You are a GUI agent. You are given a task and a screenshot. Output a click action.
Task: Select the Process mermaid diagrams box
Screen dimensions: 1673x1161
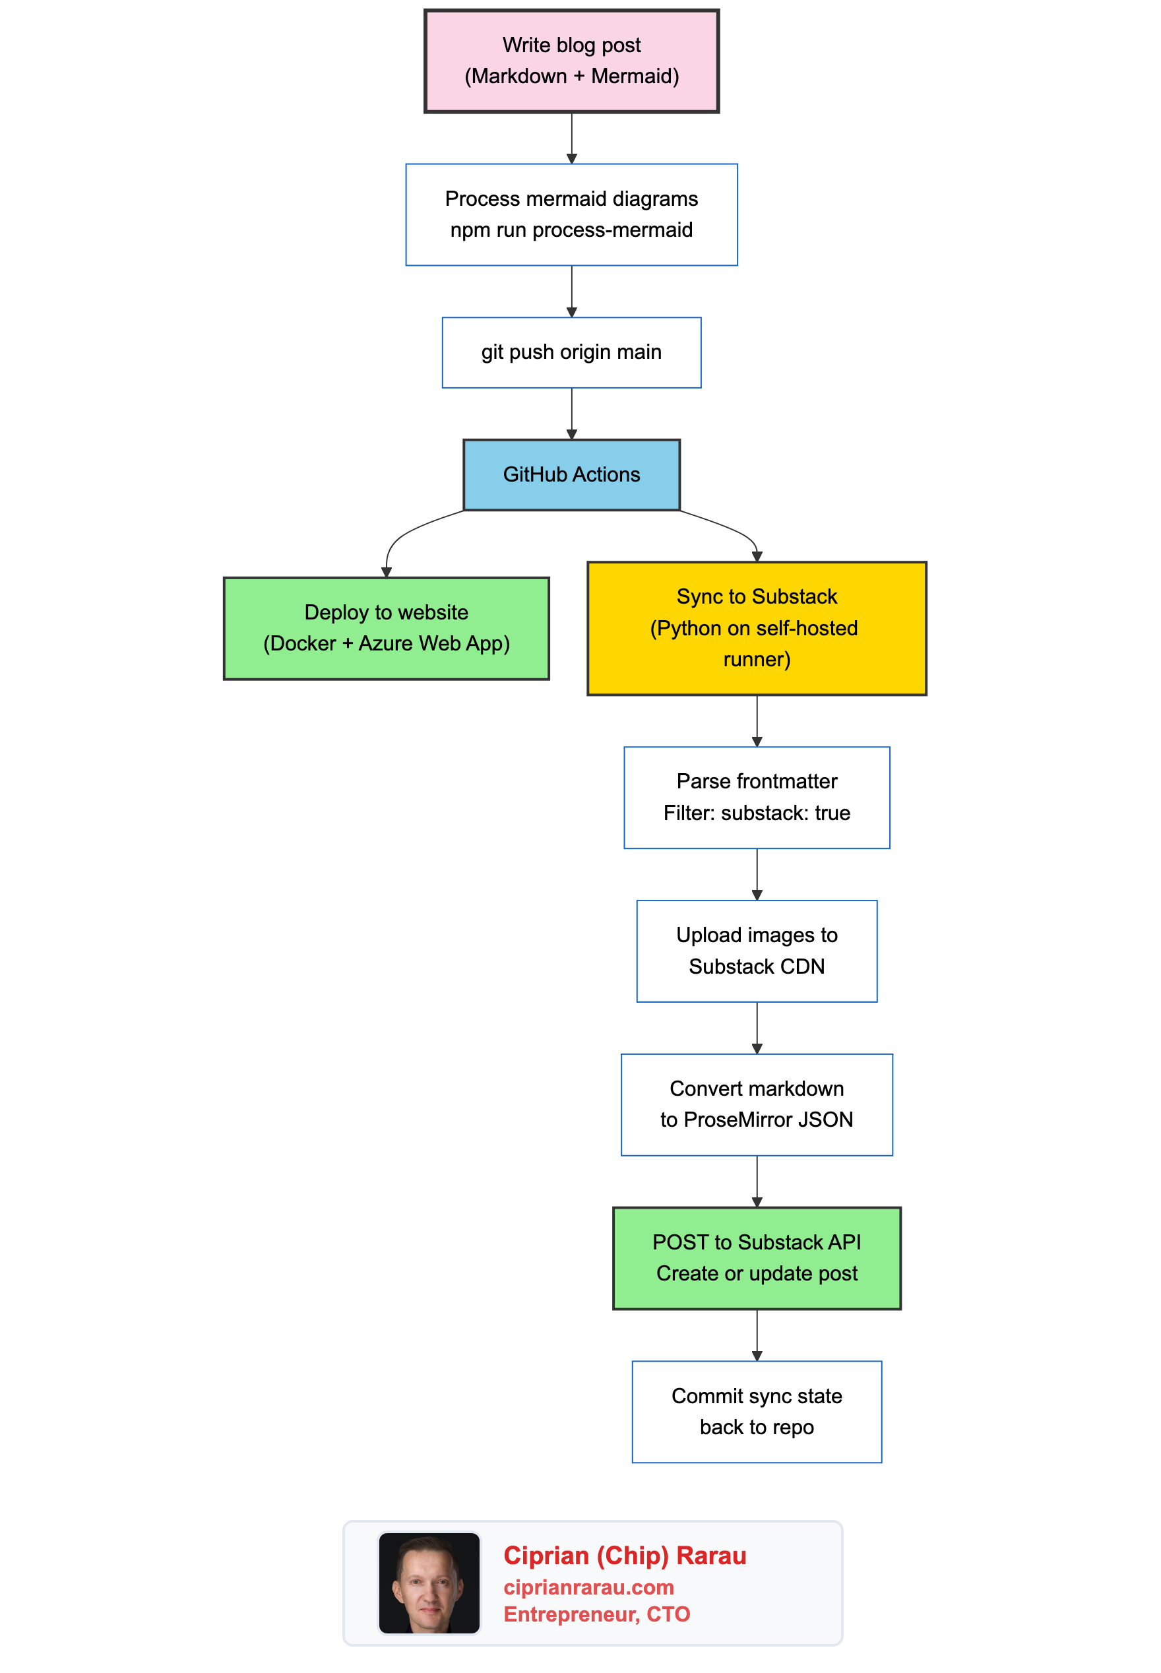571,214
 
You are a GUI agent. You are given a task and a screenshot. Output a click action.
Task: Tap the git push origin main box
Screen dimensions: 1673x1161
571,352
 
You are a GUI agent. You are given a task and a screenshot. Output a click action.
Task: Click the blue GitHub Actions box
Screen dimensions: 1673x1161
571,474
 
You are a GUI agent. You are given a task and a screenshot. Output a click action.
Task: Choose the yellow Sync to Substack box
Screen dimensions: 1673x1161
757,628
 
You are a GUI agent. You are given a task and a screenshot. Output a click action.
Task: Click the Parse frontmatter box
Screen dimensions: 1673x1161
757,797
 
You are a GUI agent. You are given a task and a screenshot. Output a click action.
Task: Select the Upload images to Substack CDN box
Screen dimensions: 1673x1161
757,951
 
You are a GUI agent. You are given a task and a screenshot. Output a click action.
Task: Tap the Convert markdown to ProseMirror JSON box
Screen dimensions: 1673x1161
757,1104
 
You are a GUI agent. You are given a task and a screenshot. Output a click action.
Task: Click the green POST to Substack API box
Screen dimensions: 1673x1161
757,1257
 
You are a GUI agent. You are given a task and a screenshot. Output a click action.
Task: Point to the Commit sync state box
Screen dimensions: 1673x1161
757,1411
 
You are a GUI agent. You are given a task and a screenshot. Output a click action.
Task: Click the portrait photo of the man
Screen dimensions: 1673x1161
429,1583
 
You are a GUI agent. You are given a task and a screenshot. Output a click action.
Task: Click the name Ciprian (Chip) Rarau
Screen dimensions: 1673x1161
624,1555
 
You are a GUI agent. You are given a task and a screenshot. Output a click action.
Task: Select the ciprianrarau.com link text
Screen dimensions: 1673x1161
588,1587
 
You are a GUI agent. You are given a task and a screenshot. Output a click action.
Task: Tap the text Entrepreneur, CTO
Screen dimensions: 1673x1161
596,1614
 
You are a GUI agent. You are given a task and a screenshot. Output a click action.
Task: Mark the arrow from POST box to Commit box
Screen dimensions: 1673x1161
757,1334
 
